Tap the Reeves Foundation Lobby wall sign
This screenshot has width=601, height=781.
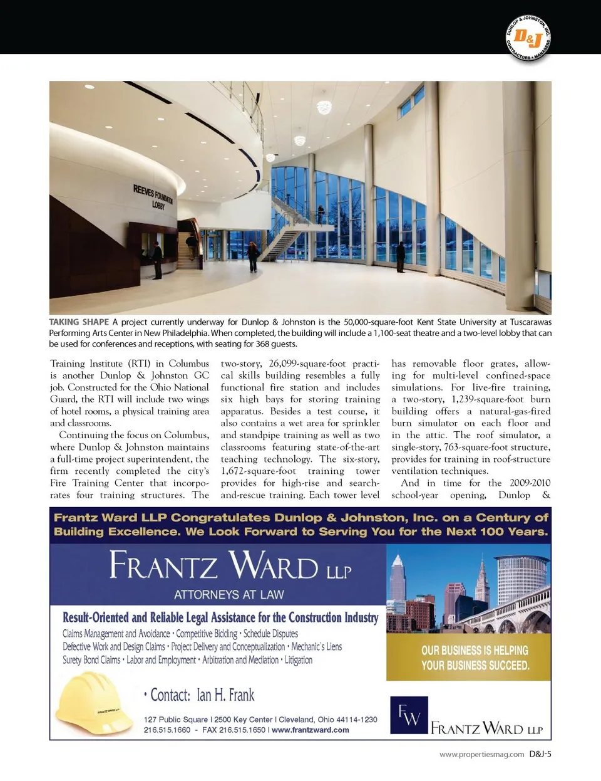click(153, 196)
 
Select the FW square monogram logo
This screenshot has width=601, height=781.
click(409, 715)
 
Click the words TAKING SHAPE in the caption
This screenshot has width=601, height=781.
click(79, 322)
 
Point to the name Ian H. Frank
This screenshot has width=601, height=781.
click(225, 695)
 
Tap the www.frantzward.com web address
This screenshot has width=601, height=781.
click(311, 730)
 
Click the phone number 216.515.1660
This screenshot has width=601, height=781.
click(167, 730)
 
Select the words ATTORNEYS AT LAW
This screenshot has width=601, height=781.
click(229, 594)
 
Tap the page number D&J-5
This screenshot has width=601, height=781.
click(540, 754)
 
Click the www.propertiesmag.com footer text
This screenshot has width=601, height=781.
click(481, 755)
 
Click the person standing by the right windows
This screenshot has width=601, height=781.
click(400, 257)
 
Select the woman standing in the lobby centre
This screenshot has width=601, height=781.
click(253, 257)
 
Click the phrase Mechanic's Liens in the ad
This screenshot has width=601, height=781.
click(317, 647)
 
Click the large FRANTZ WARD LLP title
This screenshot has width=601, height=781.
click(230, 565)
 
